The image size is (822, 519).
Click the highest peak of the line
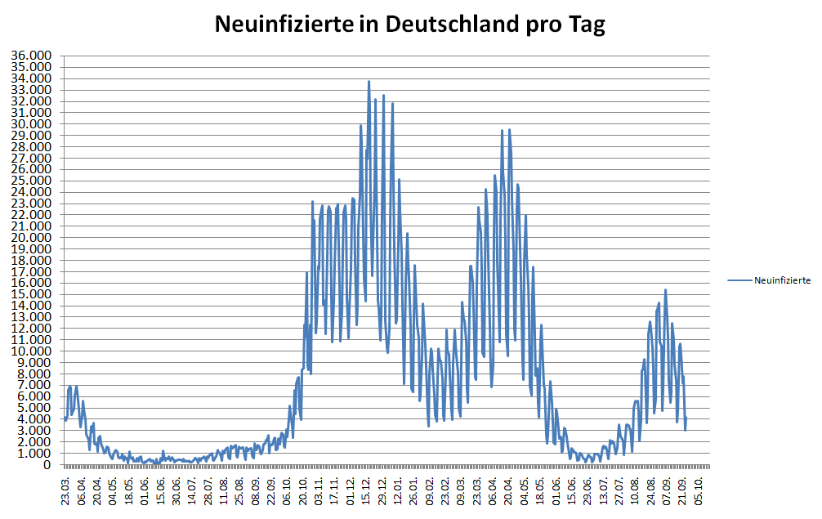coord(369,81)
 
